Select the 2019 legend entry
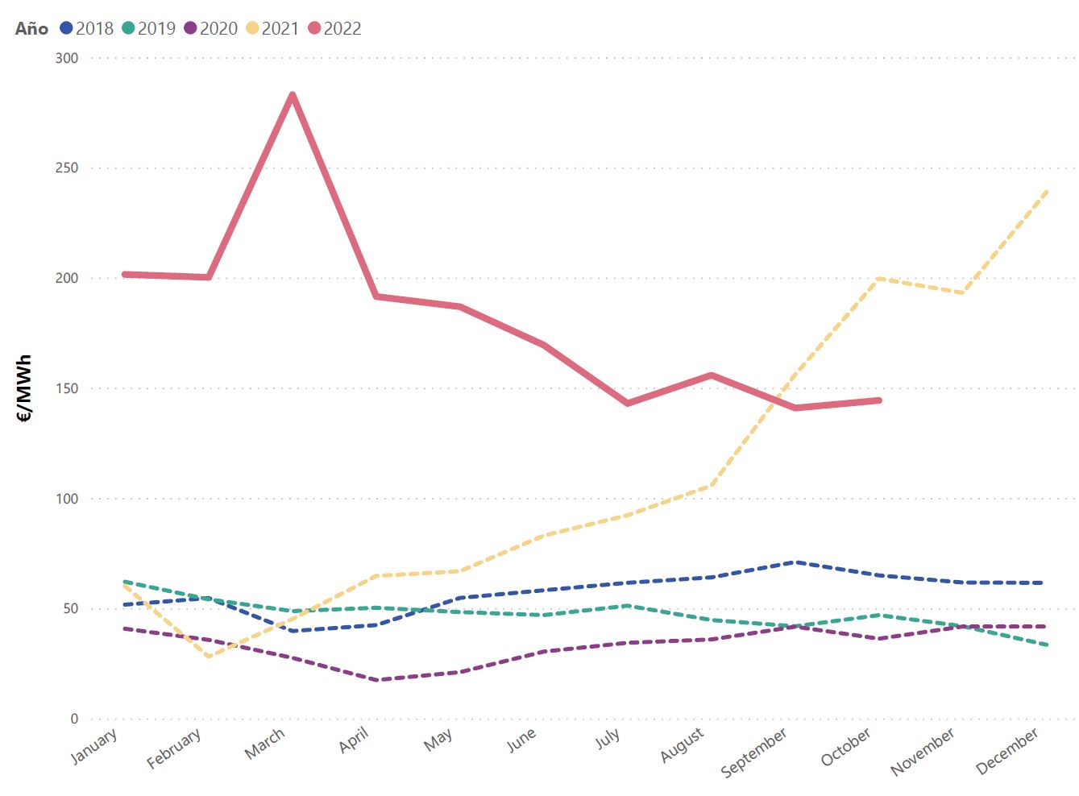click(149, 28)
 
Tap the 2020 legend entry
click(211, 28)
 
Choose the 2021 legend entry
click(273, 28)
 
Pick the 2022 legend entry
click(335, 28)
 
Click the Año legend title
click(31, 28)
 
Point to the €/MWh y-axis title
click(24, 388)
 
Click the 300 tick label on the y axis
click(67, 58)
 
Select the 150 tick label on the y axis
click(67, 388)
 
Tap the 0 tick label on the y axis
click(74, 719)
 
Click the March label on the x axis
click(265, 743)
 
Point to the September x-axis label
click(754, 752)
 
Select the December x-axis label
click(1007, 751)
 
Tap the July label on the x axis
click(608, 738)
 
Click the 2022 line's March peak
click(292, 95)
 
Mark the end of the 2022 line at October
click(879, 400)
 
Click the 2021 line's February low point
click(209, 657)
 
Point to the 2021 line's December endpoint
click(1046, 192)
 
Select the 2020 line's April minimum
click(376, 680)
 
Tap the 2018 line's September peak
click(795, 562)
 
